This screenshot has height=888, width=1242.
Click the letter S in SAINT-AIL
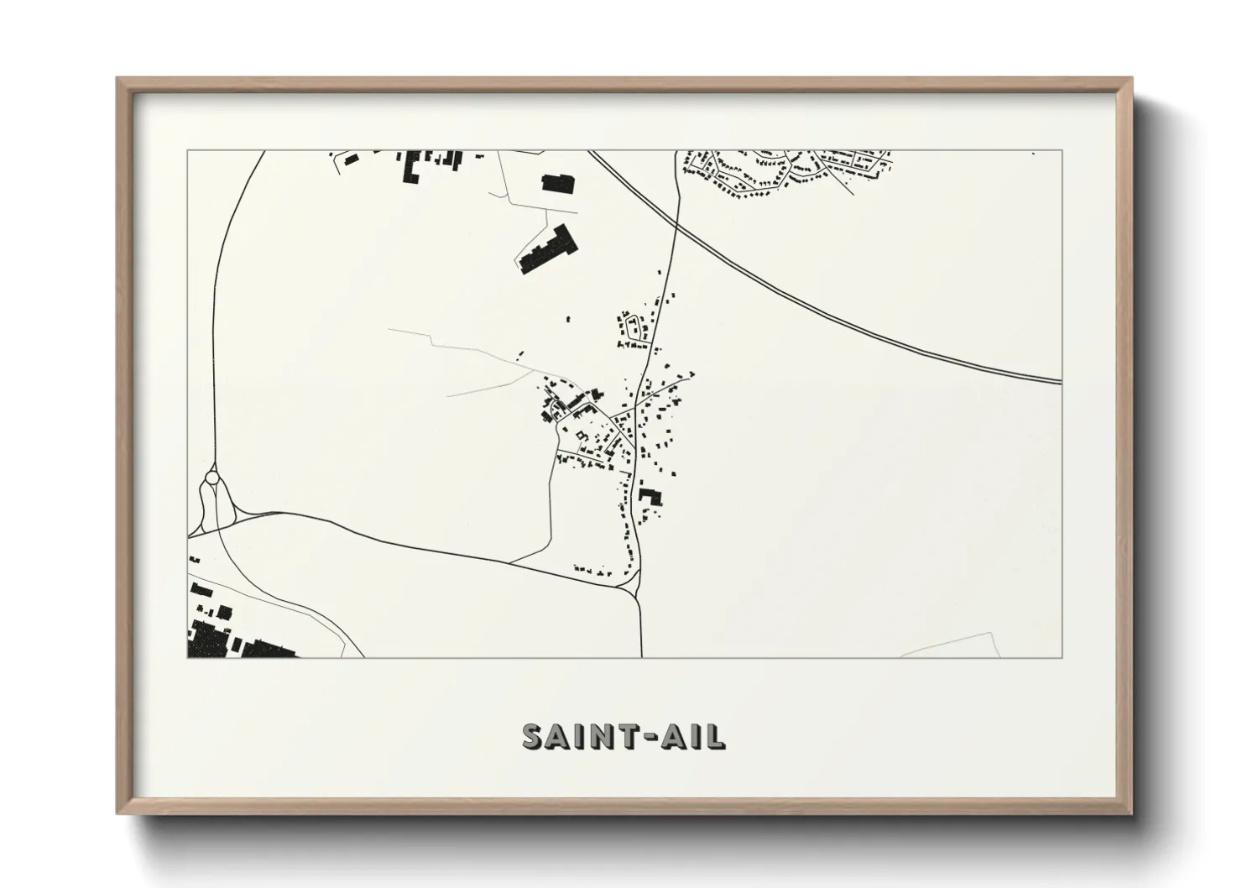point(534,736)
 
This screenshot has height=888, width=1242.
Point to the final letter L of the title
point(716,736)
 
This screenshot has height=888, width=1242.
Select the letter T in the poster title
point(619,736)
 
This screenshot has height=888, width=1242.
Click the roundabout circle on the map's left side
point(212,478)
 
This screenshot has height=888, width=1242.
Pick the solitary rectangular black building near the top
point(556,182)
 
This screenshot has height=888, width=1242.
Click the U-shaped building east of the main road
point(650,496)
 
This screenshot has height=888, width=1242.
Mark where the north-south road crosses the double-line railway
point(676,221)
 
